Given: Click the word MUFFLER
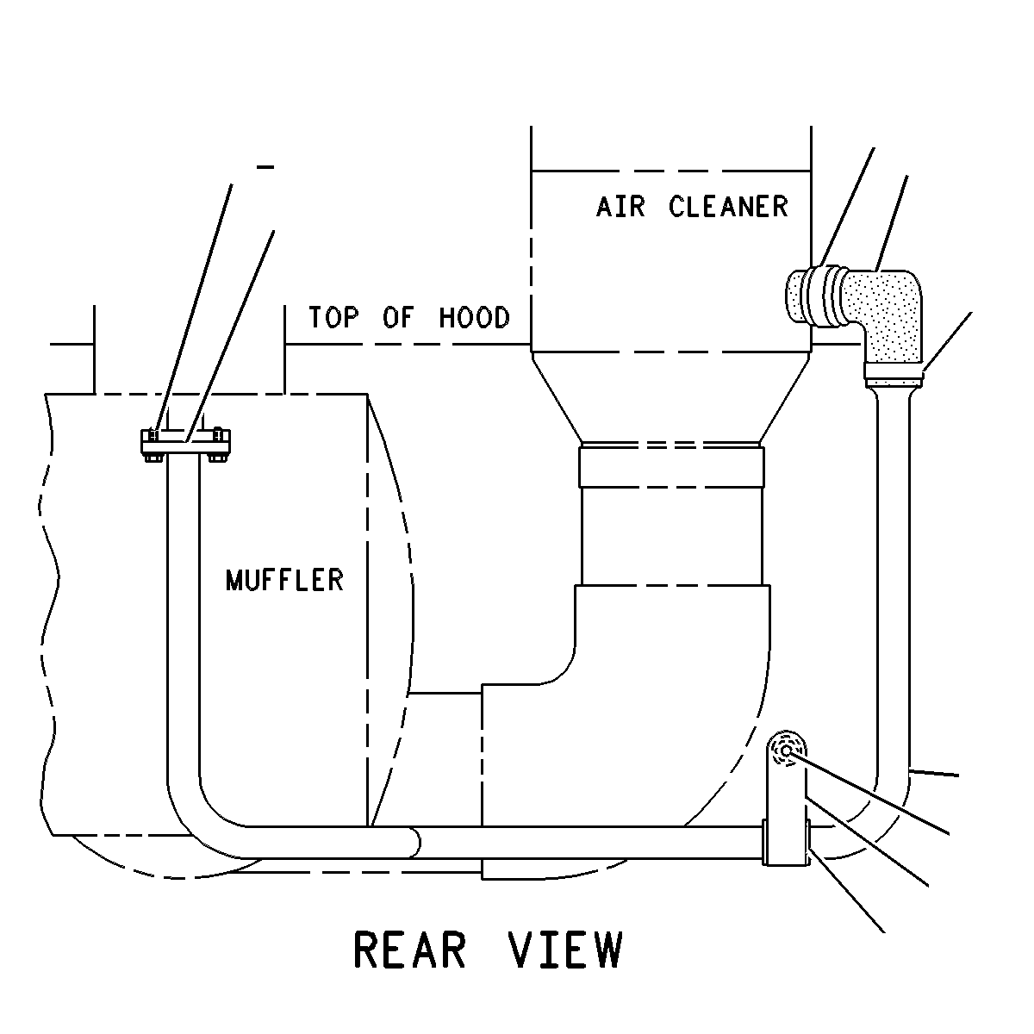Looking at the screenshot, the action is point(284,581).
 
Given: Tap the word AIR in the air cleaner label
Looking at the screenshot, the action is point(620,207).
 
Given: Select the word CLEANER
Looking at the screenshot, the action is point(728,207).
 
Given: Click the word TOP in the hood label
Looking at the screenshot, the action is point(333,317).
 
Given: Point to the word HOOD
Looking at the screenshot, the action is point(474,317).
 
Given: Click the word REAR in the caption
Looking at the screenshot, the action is point(409,950).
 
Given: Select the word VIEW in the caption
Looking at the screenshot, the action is point(565,950).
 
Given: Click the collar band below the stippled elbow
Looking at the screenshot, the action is point(894,375).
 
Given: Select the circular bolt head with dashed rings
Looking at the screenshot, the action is point(786,751).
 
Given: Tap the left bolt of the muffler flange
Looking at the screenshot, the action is point(153,445).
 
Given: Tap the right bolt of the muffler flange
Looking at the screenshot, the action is point(217,445).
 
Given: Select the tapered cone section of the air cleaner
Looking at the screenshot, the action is point(671,397).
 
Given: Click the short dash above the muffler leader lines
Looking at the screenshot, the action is point(265,167).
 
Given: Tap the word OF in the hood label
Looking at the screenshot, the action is point(398,317).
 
